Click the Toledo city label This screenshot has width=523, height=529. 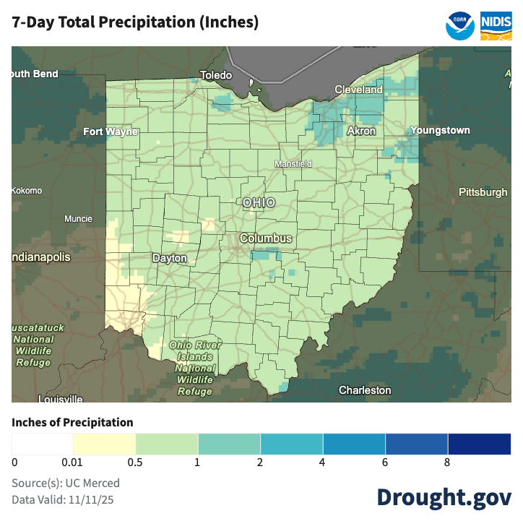(x=216, y=75)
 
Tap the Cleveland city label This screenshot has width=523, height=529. (x=358, y=90)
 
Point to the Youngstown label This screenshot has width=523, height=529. (x=440, y=130)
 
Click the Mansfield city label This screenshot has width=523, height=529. (x=293, y=164)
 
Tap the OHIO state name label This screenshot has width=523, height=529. (x=259, y=202)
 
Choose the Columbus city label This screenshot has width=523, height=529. (x=266, y=238)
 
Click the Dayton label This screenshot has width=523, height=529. (x=170, y=258)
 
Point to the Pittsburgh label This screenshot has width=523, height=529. (x=483, y=192)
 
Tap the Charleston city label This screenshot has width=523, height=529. (x=365, y=390)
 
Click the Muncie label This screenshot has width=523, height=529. (x=78, y=219)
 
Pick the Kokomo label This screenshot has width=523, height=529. (x=27, y=191)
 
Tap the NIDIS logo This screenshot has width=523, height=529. (x=496, y=25)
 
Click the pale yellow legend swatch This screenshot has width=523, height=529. (x=104, y=443)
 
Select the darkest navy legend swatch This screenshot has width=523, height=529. (x=479, y=443)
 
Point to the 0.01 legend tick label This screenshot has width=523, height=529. (x=73, y=463)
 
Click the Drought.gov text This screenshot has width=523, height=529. (x=444, y=497)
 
